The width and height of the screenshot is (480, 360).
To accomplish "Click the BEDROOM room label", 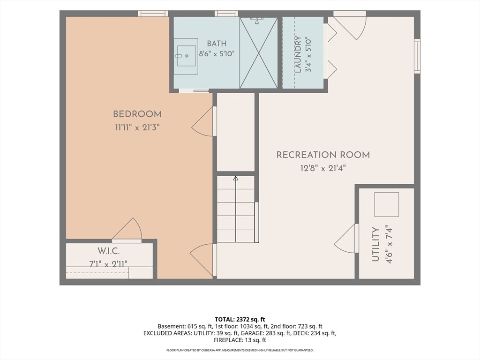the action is [137, 114].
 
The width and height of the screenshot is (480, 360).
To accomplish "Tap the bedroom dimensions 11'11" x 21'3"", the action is [137, 127].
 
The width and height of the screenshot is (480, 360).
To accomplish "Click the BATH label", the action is [217, 43].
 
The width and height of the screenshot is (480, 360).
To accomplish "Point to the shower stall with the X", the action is [259, 53].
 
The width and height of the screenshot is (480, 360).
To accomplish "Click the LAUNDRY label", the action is [298, 54].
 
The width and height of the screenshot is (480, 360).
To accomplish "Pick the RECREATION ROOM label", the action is [323, 155].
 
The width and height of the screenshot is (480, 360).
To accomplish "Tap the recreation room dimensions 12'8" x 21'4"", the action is [323, 168].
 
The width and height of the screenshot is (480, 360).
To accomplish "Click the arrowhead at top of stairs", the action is [236, 178].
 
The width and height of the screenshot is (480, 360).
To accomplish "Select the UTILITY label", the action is [375, 244].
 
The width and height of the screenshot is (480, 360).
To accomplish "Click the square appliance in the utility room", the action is [387, 204].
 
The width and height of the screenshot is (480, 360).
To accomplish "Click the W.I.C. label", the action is [108, 251].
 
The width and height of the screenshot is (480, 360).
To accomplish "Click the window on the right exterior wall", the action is [417, 56].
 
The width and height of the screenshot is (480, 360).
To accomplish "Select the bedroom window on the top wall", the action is [153, 14].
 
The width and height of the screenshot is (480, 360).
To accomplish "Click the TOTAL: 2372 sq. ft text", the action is [240, 320].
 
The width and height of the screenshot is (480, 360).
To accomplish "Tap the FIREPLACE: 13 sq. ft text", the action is [240, 340].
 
